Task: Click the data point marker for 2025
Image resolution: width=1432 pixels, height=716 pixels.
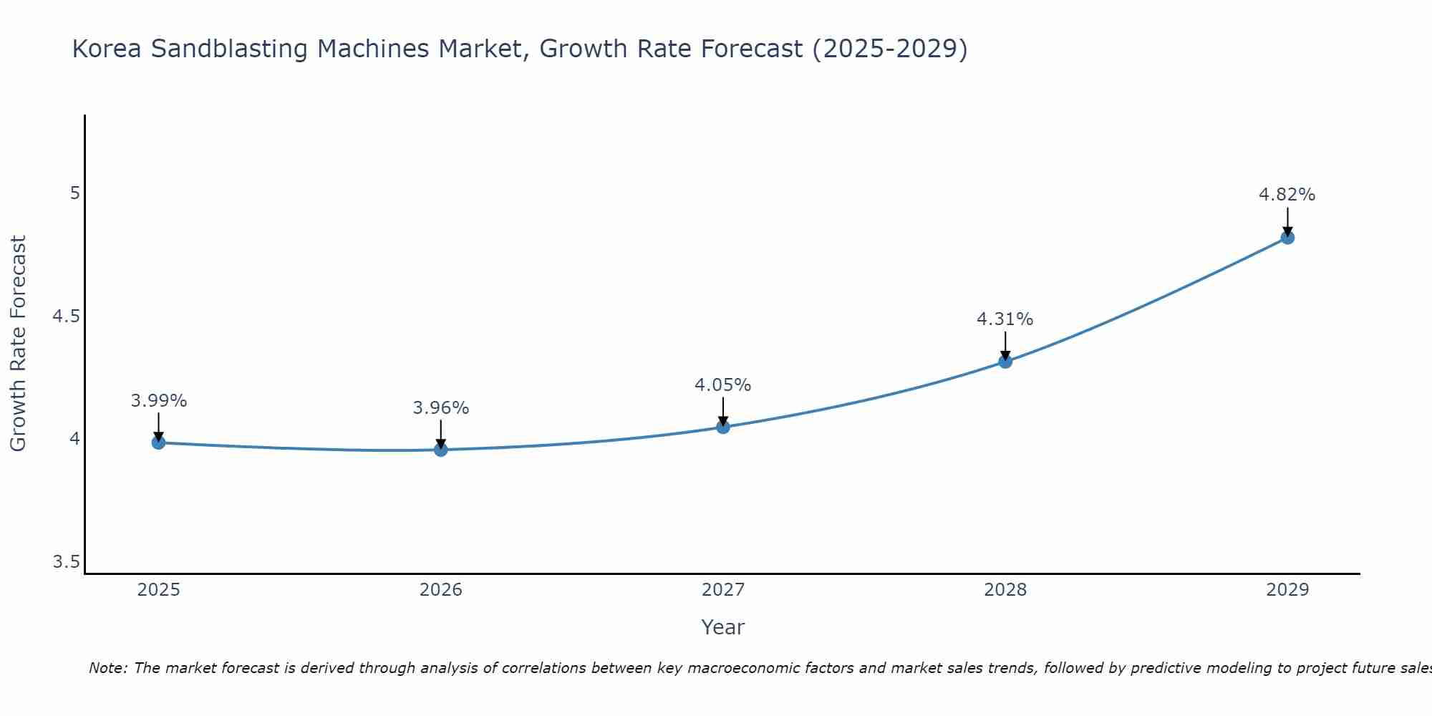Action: click(x=159, y=442)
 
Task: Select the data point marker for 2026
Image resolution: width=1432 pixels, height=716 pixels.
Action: click(x=441, y=450)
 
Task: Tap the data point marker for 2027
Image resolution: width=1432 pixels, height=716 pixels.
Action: click(x=723, y=427)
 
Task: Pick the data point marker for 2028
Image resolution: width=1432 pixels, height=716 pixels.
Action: click(x=1005, y=362)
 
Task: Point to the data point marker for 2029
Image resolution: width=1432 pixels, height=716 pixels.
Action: click(x=1287, y=238)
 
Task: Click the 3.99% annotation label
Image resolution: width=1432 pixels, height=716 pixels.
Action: click(x=159, y=401)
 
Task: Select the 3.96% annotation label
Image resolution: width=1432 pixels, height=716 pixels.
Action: click(x=441, y=408)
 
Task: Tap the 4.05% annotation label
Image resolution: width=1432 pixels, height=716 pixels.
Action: click(x=723, y=385)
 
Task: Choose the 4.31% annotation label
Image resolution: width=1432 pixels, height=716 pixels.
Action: click(x=1005, y=319)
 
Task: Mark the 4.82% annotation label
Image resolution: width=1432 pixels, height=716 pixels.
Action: click(x=1287, y=195)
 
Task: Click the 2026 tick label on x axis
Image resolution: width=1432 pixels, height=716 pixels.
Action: click(x=441, y=590)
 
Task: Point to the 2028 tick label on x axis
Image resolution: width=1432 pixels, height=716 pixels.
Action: click(x=1005, y=590)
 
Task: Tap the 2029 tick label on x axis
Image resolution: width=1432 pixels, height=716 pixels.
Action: click(x=1287, y=590)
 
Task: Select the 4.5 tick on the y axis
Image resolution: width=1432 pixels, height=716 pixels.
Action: click(x=67, y=316)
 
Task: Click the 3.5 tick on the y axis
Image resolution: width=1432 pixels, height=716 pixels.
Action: click(x=67, y=562)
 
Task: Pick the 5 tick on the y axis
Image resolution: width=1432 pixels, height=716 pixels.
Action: click(x=74, y=193)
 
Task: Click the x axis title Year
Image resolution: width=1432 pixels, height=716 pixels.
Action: click(x=723, y=627)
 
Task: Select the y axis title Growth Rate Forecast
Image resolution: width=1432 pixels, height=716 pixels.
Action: click(x=18, y=344)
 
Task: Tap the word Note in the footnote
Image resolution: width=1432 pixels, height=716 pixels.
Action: click(x=107, y=668)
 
